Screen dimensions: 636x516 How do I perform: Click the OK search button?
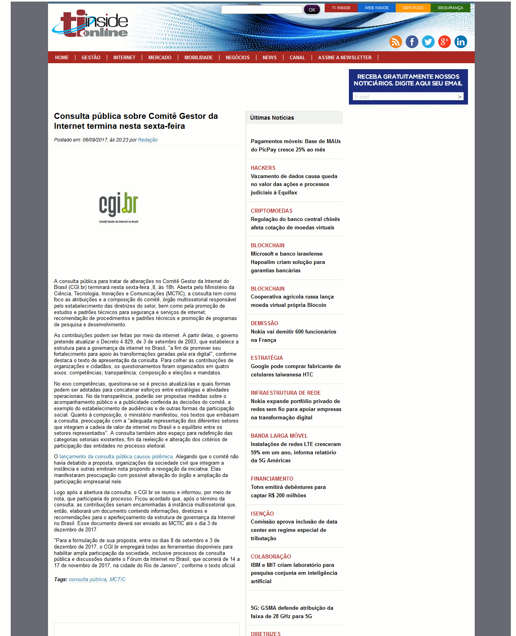click(x=312, y=10)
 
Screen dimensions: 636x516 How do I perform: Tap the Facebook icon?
click(x=412, y=42)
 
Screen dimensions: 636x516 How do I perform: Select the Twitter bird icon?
click(x=428, y=42)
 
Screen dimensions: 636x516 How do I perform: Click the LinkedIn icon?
click(x=461, y=42)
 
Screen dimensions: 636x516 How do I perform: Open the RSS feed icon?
click(x=396, y=42)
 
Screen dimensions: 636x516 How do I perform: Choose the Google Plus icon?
click(x=445, y=42)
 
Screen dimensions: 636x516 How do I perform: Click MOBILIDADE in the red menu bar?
click(x=198, y=58)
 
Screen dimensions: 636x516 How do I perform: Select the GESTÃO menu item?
click(x=91, y=58)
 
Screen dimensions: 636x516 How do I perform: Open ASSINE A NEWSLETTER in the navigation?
click(x=345, y=58)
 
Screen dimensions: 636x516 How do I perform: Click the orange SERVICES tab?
click(x=413, y=8)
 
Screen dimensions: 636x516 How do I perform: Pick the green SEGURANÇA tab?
click(x=450, y=8)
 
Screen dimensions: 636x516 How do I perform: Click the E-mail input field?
click(x=405, y=97)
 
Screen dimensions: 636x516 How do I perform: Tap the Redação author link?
click(x=148, y=140)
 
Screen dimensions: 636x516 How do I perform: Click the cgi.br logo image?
click(x=119, y=207)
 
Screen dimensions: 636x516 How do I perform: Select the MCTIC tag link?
click(x=117, y=580)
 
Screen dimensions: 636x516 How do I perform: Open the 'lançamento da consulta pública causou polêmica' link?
click(x=116, y=457)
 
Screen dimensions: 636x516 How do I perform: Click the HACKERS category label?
click(x=263, y=168)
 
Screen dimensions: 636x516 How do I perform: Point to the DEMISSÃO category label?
click(x=264, y=324)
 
